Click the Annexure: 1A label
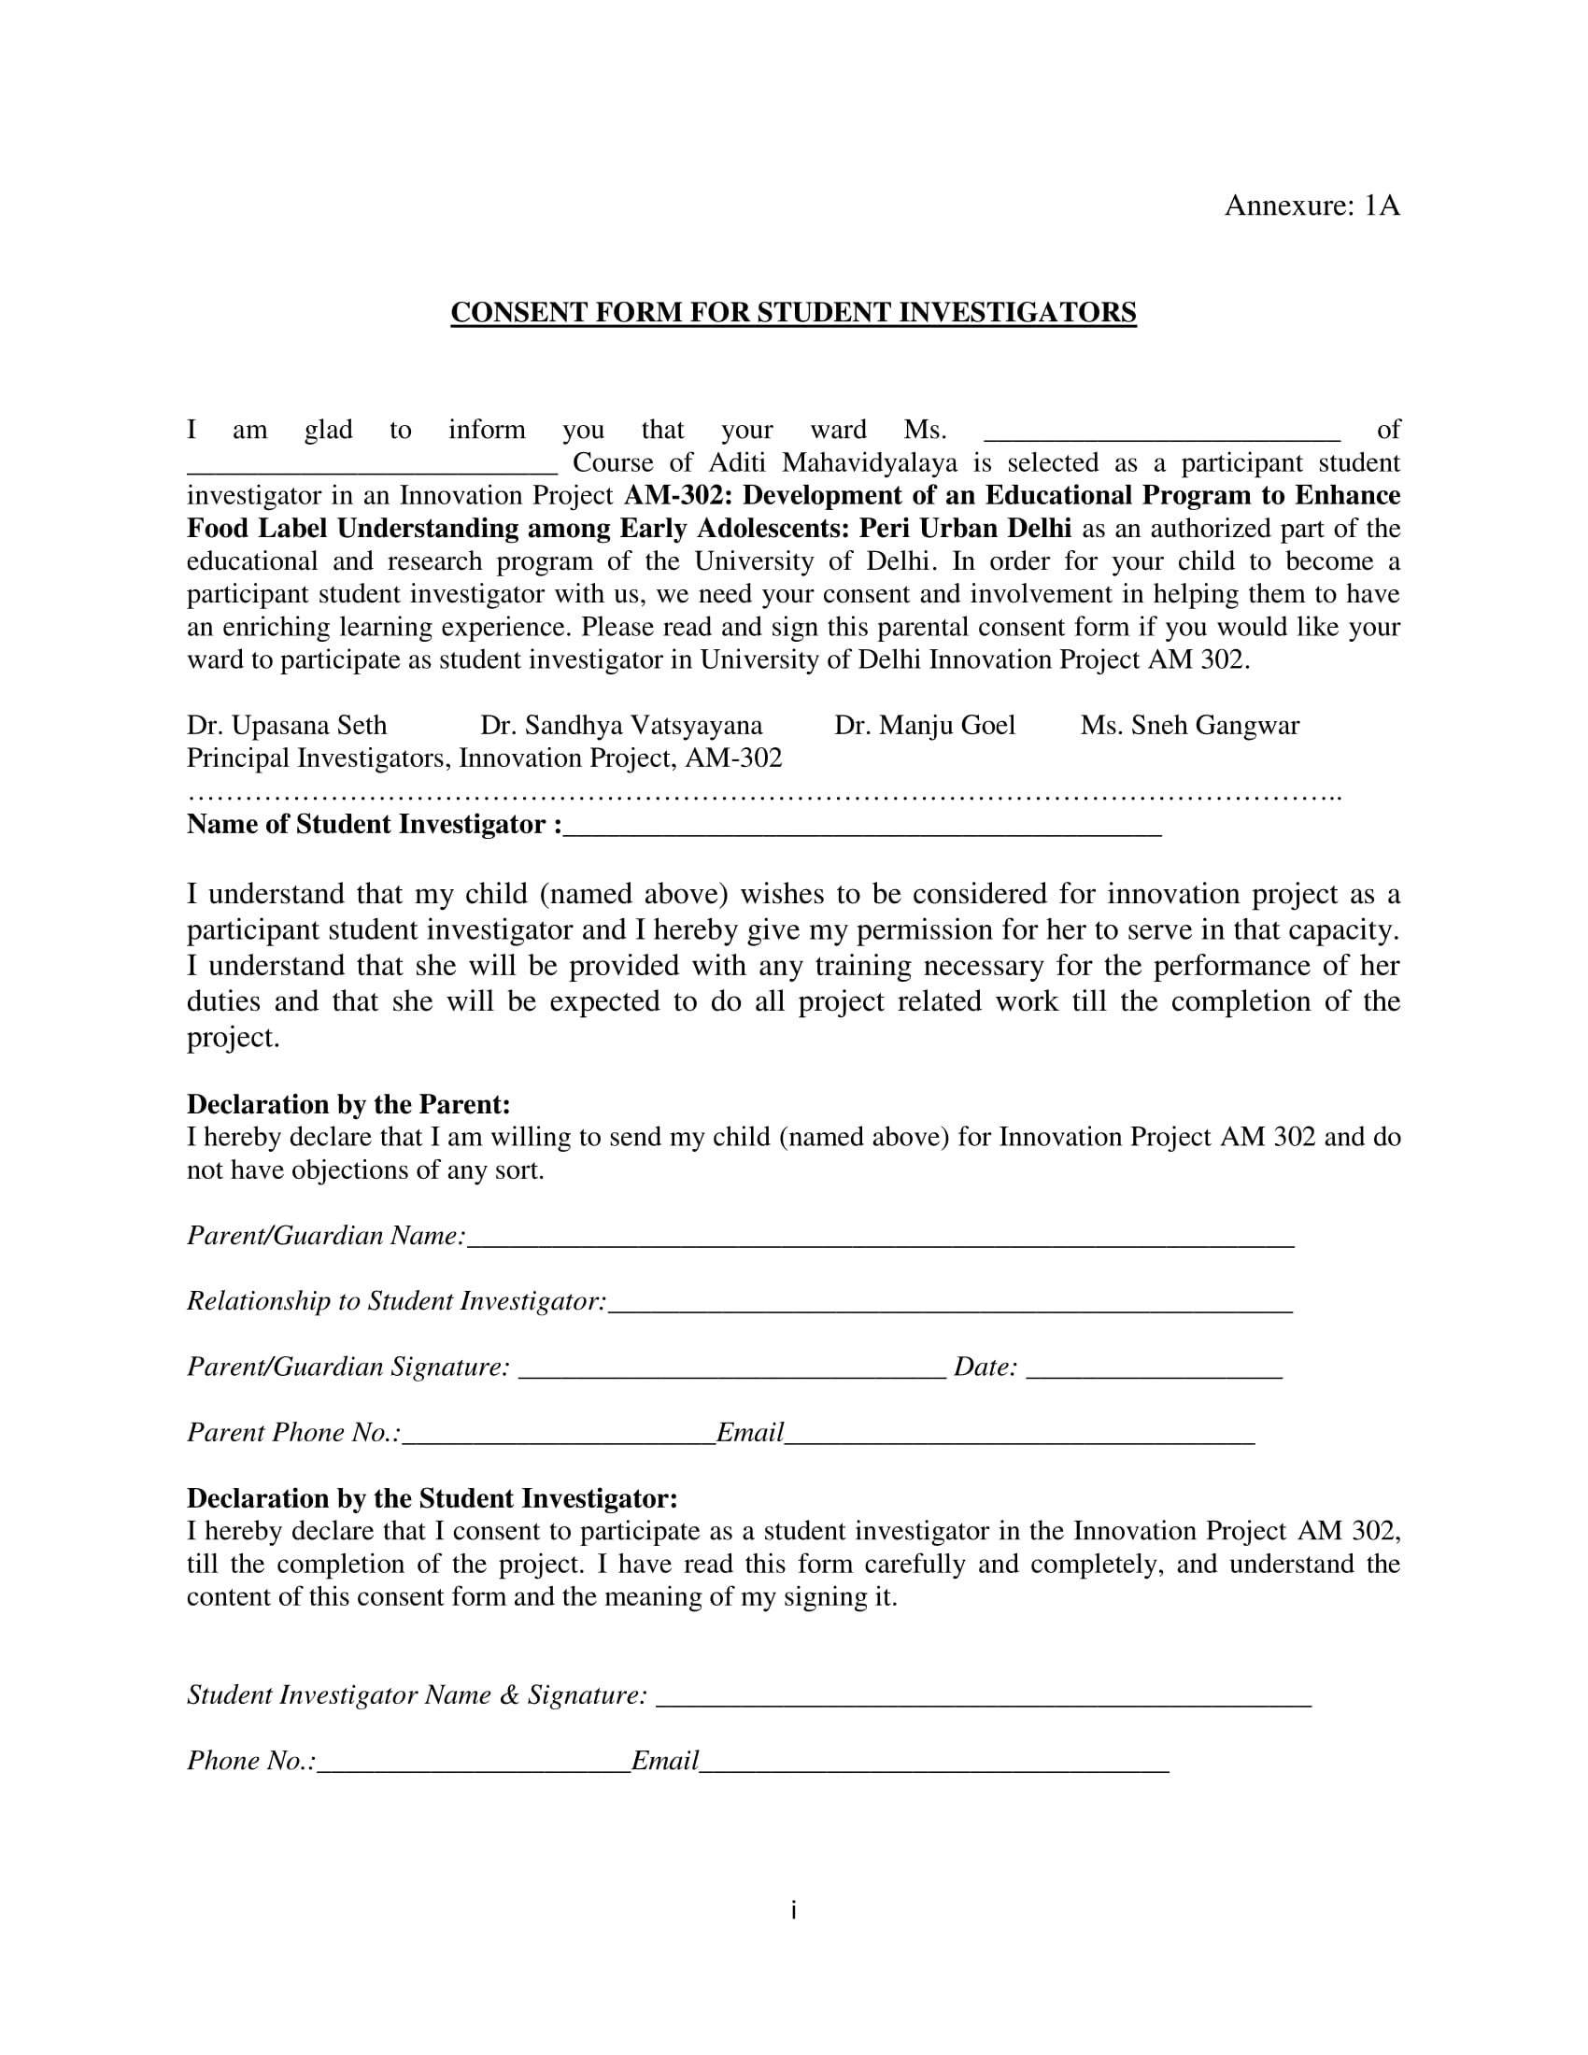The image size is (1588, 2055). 1312,205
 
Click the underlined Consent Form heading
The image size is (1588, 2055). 793,312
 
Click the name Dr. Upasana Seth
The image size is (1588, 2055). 287,726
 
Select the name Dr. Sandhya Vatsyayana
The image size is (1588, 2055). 621,726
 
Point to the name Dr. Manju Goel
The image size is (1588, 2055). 925,726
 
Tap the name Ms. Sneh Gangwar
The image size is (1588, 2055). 1189,726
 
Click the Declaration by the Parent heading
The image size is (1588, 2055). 348,1104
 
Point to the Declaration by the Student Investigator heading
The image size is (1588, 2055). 432,1498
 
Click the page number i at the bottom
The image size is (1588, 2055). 794,1910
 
